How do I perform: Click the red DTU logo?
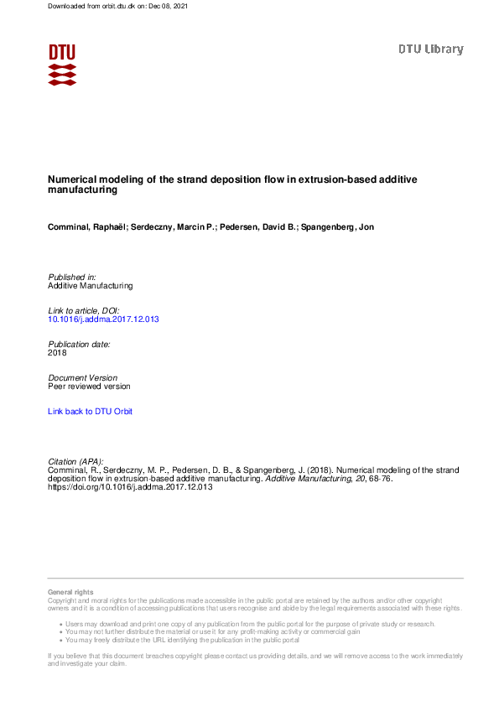(x=62, y=64)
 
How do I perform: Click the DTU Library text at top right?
(x=430, y=49)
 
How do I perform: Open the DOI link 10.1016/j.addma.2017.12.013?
(x=103, y=319)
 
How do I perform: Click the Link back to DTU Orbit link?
(x=90, y=412)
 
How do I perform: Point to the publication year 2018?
(x=57, y=353)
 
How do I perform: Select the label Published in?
(x=72, y=277)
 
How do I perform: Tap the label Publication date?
(x=79, y=344)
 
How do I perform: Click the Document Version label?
(x=82, y=377)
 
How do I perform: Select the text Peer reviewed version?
(x=89, y=387)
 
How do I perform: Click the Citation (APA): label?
(x=75, y=461)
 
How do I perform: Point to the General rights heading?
(x=70, y=592)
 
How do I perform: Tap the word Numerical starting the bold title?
(x=73, y=179)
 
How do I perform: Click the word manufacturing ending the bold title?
(x=82, y=190)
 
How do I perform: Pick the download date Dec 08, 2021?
(x=170, y=6)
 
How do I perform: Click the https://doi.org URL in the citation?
(x=130, y=487)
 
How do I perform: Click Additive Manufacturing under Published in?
(x=90, y=286)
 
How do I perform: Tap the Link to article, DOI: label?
(x=84, y=310)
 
